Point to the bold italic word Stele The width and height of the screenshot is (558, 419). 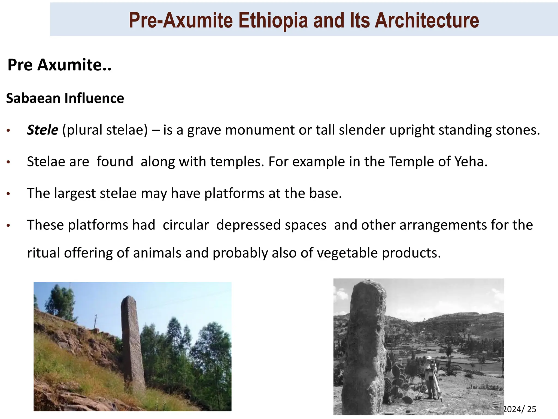tap(42, 130)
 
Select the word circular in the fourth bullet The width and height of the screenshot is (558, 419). tap(186, 225)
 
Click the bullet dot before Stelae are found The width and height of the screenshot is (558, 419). tap(8, 162)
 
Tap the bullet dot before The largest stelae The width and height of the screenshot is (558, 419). tap(8, 194)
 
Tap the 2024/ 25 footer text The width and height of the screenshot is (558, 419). tap(519, 409)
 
